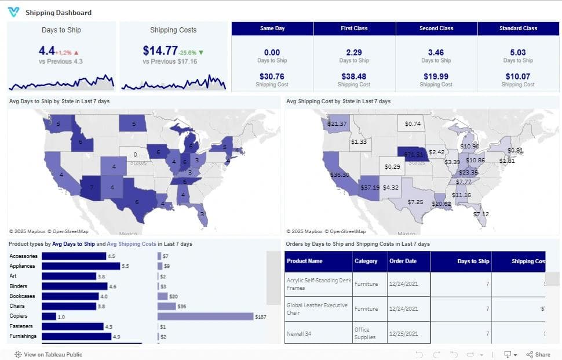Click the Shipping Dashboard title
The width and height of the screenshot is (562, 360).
click(x=58, y=12)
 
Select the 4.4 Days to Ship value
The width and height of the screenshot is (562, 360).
click(x=46, y=50)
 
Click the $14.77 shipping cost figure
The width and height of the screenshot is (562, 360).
click(x=160, y=50)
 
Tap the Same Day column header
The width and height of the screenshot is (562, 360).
click(x=272, y=28)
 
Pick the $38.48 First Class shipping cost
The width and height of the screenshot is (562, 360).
click(x=354, y=76)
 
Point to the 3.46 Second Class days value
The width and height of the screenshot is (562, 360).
click(x=436, y=52)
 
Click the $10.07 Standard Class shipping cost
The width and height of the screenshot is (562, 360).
click(x=518, y=76)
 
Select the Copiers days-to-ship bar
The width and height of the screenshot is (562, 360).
click(x=49, y=317)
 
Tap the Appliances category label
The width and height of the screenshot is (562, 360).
click(x=22, y=266)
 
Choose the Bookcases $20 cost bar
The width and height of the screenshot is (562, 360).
click(x=162, y=296)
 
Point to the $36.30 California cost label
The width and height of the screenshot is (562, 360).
click(x=339, y=174)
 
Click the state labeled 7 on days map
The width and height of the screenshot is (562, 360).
click(x=90, y=188)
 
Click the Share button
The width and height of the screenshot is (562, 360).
click(x=538, y=354)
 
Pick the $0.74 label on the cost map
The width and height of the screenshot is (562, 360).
click(x=413, y=123)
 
